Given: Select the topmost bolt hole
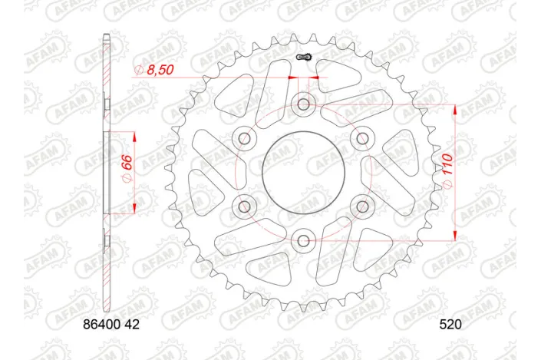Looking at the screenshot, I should click(x=303, y=104).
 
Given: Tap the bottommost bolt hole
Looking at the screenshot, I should click(x=303, y=241).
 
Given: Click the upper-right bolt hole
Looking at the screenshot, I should click(x=362, y=138).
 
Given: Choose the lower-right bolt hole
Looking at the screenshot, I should click(x=362, y=206).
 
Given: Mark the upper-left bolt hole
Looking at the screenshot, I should click(x=244, y=138).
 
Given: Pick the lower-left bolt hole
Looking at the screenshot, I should click(x=244, y=206).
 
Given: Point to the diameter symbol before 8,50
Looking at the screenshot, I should click(x=139, y=71).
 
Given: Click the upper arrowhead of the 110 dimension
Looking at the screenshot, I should click(x=456, y=108).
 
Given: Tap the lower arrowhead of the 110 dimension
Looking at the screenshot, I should click(x=456, y=236).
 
